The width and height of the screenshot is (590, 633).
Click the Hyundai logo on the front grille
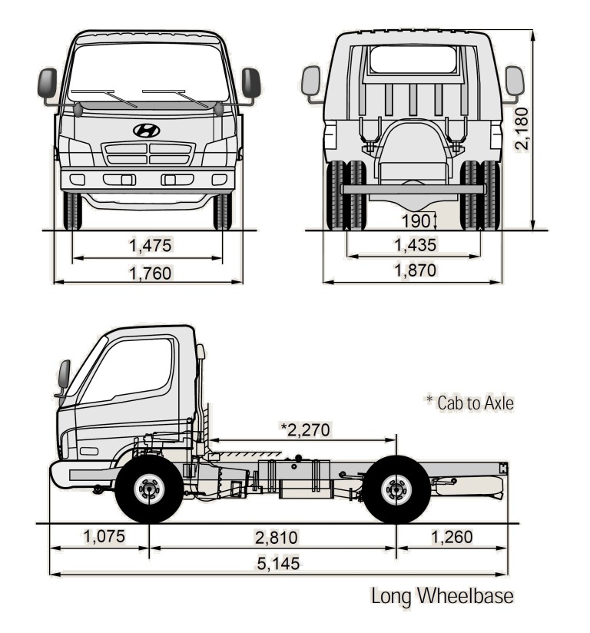tap(146, 131)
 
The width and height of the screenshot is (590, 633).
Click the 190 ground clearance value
tap(416, 220)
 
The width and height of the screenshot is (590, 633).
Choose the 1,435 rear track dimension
tap(415, 245)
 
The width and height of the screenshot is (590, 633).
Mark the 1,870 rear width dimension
tap(415, 270)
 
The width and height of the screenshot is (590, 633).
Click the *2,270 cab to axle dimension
tap(306, 429)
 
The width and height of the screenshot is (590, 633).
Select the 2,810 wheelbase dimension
tap(276, 537)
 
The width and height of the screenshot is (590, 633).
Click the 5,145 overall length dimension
tap(277, 563)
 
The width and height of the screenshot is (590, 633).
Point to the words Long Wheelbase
tap(442, 596)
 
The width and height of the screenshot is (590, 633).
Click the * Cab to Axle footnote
tap(469, 402)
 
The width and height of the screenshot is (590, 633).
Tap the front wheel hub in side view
tap(148, 489)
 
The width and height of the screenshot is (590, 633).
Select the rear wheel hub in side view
tap(396, 489)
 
